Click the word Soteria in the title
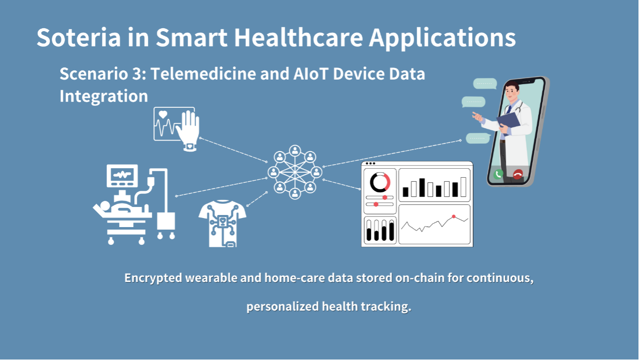coord(78,38)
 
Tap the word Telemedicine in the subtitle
coord(203,74)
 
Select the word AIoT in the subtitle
coord(311,74)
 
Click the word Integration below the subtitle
coord(104,96)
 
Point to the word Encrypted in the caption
coord(153,278)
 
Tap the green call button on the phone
coord(498,174)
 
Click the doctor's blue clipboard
coord(508,122)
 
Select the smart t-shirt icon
coord(222,224)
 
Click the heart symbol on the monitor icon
coord(163,114)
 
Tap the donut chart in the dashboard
coord(380,182)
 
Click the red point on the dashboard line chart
coord(453,217)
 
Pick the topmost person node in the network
coord(295,151)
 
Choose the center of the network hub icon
coord(295,172)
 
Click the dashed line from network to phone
coord(392,154)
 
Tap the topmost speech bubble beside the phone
coord(485,84)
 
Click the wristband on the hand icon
coord(190,147)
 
